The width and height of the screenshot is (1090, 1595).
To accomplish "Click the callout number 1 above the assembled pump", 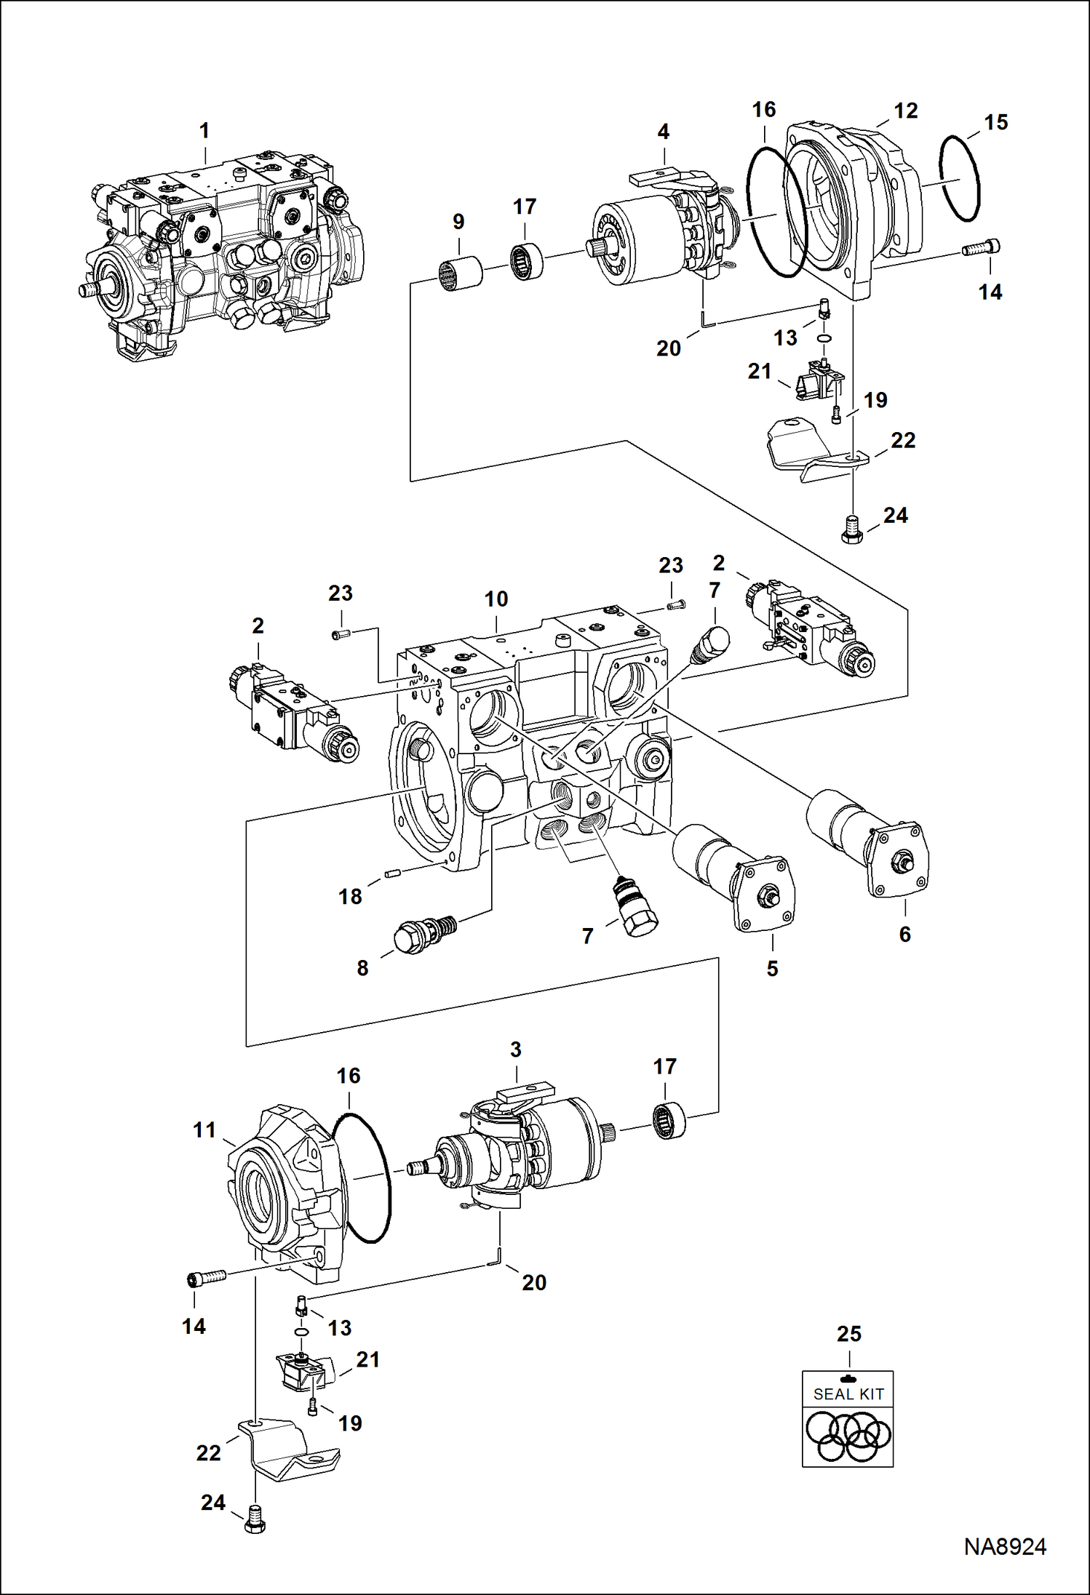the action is (x=204, y=131).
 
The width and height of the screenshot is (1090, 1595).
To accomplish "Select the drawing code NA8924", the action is (x=1005, y=1547).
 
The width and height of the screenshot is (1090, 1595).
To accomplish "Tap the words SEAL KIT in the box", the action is (x=848, y=1394).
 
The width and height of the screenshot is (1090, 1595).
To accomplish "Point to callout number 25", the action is (x=849, y=1334).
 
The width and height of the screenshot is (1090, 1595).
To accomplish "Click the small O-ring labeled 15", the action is (x=959, y=178).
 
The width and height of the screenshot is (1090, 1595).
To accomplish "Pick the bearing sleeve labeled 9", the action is (x=461, y=274).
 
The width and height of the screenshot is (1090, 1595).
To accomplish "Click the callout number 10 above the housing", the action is (x=496, y=599).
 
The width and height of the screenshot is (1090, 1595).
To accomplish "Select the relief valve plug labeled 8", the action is (x=424, y=933).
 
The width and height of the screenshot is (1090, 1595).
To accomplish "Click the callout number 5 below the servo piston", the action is (x=772, y=969).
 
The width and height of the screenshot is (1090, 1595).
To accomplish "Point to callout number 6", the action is (x=904, y=934).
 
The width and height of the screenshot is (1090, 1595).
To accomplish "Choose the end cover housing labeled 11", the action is (x=285, y=1191).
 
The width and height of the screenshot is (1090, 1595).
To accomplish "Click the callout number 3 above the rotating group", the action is (x=516, y=1050).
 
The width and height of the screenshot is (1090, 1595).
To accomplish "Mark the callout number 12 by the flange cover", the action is (x=905, y=111).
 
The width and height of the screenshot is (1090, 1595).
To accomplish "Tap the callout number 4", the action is (x=663, y=132).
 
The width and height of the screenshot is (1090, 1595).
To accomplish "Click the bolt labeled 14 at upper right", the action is (x=981, y=248).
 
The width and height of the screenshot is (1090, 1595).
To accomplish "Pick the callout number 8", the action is (x=362, y=968).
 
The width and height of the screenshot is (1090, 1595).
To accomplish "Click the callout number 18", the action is (x=350, y=897).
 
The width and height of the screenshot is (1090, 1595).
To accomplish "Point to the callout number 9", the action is (x=458, y=222).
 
